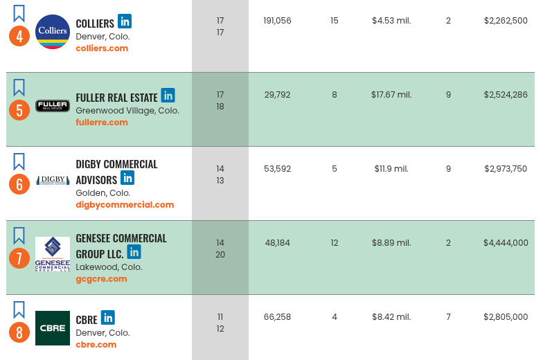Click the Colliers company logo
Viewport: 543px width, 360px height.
(x=53, y=32)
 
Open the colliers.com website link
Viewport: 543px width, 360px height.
(x=102, y=48)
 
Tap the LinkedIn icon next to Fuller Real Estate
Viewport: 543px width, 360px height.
(x=168, y=96)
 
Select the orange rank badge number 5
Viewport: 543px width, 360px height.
(x=19, y=110)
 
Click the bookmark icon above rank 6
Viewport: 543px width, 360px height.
(x=19, y=162)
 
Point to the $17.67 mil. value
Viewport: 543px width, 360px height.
(x=391, y=95)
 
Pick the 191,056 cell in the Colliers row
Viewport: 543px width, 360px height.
(x=277, y=21)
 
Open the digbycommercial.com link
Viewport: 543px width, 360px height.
(x=125, y=205)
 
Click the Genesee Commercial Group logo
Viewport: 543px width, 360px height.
(x=53, y=254)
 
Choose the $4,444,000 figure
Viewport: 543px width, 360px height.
(x=506, y=243)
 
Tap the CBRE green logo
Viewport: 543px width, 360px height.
(x=53, y=328)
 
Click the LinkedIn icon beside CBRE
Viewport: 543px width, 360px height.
(x=107, y=318)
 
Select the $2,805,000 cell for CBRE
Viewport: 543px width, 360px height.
(x=506, y=317)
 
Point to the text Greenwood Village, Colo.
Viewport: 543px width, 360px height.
(x=127, y=111)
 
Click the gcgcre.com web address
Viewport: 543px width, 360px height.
(x=101, y=279)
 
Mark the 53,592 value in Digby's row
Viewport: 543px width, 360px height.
(x=277, y=169)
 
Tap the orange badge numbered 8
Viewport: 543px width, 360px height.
(x=19, y=333)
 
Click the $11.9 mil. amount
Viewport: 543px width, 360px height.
(x=391, y=169)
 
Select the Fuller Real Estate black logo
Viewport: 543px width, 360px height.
(x=53, y=106)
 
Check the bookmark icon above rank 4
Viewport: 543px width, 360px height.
(x=19, y=13)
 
